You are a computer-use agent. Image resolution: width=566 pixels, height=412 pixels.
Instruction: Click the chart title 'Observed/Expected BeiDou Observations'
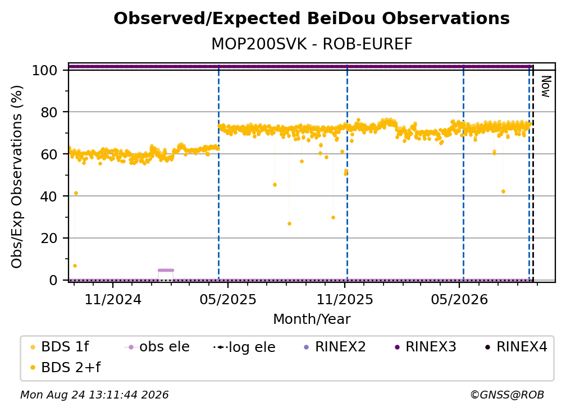tap(312, 19)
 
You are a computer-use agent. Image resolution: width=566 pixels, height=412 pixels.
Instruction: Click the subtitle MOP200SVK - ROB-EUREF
tap(312, 44)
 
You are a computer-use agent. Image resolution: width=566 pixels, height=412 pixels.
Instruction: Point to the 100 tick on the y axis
tap(45, 70)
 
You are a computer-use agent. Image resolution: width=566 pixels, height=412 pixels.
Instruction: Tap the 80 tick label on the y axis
tap(49, 112)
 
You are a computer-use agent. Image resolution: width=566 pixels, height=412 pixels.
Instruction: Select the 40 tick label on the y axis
tap(49, 196)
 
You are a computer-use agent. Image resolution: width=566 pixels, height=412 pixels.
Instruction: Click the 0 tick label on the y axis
tap(53, 280)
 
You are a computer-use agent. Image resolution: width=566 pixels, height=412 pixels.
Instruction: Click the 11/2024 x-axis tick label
tap(113, 299)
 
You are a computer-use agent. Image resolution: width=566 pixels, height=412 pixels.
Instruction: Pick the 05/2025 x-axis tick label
tap(228, 299)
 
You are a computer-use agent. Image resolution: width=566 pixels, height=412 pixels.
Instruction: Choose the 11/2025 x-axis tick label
tap(345, 299)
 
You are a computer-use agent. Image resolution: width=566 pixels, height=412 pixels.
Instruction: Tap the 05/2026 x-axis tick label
tap(459, 299)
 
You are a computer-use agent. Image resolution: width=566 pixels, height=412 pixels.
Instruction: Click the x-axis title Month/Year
tap(312, 319)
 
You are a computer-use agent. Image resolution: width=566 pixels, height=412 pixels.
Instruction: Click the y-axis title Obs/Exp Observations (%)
tap(17, 176)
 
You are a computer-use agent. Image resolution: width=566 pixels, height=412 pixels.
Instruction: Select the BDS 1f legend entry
tap(60, 347)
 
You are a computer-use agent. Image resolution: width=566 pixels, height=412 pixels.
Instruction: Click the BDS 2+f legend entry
tap(65, 367)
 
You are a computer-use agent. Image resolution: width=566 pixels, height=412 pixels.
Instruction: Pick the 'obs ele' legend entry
tap(157, 347)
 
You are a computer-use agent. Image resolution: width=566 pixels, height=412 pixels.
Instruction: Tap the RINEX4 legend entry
tap(516, 347)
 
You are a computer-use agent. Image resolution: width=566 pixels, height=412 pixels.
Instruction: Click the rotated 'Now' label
tap(545, 86)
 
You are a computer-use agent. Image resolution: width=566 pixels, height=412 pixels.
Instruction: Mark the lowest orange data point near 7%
tap(75, 266)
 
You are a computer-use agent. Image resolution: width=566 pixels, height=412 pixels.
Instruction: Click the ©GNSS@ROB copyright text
tap(507, 395)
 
